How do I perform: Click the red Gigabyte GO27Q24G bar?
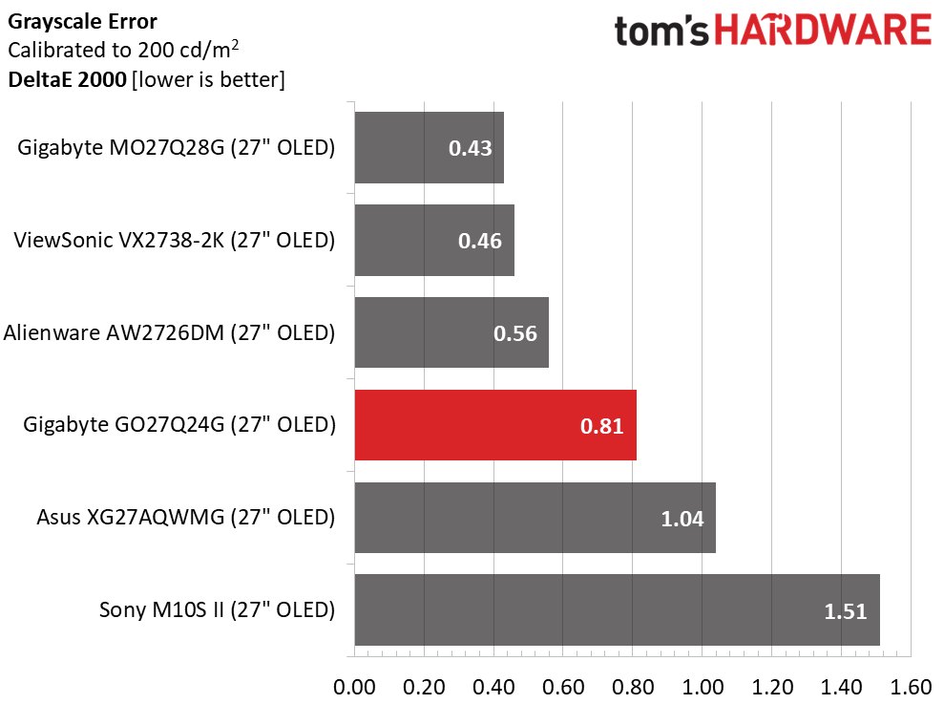coord(495,425)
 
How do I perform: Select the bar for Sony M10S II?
coord(618,610)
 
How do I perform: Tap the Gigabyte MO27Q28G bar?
coord(430,148)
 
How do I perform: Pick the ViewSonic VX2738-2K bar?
coord(434,241)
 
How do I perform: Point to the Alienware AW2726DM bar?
coord(451,332)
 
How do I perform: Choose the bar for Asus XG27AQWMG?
coord(535,518)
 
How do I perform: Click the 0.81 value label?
coord(601,426)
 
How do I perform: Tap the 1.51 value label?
coord(846,611)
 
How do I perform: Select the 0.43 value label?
coord(471,148)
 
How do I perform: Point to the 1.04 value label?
coord(682,519)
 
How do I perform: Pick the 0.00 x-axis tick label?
coord(355,687)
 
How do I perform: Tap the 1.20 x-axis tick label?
coord(772,687)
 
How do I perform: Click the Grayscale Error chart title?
coord(82,22)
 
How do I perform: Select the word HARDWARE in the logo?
coord(823,31)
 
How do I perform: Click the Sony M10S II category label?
coord(217,610)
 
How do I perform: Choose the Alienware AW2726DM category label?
coord(169,332)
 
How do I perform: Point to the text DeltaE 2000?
coord(68,79)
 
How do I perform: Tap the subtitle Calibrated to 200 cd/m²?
coord(123,50)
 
